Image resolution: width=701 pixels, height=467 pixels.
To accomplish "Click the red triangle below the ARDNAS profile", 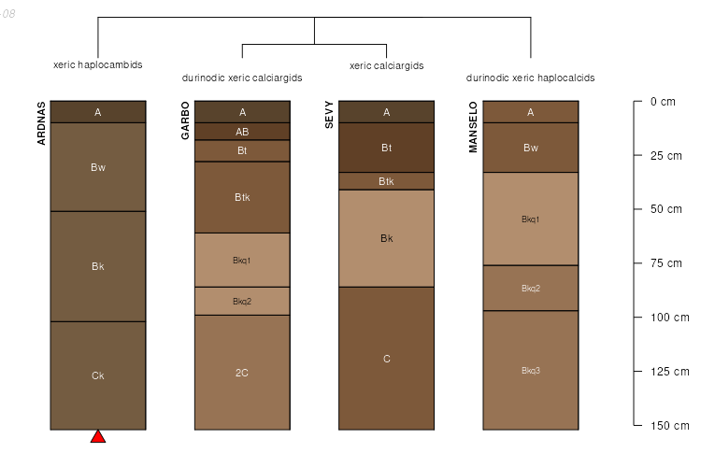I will point(98,436).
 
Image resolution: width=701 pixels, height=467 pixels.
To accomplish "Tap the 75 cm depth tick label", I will point(668,263).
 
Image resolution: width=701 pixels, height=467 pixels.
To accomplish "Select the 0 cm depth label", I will point(663,101).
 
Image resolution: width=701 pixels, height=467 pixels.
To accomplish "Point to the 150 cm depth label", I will point(669,426).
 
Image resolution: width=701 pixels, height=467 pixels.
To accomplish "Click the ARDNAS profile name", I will point(41,123).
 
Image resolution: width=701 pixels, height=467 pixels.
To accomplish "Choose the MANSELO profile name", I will point(473,127).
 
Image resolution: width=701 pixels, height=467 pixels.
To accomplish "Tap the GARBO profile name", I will point(185,120).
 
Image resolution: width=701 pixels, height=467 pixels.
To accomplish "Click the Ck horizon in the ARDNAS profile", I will point(98,375).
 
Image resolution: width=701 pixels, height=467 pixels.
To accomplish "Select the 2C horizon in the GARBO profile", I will point(242,373).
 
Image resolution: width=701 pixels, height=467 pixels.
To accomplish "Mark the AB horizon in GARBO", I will point(242,132).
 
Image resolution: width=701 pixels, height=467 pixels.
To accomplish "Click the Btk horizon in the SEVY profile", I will point(386,181).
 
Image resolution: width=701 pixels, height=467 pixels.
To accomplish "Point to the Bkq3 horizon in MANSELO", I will point(530,370).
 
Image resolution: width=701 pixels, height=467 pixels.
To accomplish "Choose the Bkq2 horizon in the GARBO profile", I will point(242,301).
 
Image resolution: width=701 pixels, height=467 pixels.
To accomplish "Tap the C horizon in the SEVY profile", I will point(386,359).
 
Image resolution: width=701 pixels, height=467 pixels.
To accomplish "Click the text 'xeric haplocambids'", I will point(98,65).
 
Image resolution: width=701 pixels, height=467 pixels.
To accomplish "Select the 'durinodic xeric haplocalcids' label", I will point(530,78).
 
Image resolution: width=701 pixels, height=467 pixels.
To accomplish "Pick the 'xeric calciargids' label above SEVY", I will point(386,65).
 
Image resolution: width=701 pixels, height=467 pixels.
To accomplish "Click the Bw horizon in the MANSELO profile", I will point(530,148).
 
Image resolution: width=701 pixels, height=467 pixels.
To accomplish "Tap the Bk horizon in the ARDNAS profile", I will point(98,266).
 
